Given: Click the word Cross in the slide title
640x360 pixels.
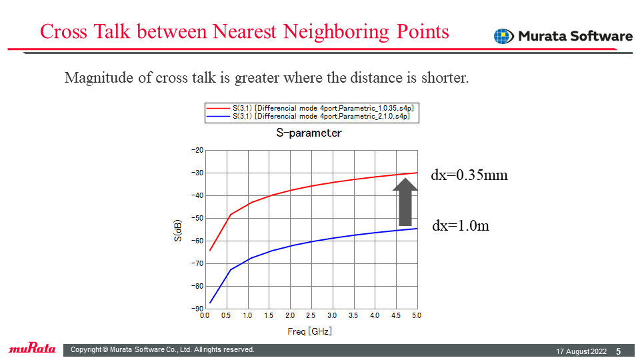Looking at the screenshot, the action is click(64, 31).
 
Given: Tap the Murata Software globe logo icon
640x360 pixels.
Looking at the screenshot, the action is click(504, 36).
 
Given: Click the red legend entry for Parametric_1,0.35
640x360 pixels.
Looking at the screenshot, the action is click(310, 109).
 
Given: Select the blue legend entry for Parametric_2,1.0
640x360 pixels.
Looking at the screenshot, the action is click(308, 116).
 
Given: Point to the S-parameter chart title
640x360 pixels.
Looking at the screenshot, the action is click(309, 133).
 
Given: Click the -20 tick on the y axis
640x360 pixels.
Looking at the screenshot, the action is click(197, 150).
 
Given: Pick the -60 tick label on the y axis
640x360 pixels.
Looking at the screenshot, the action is click(197, 241).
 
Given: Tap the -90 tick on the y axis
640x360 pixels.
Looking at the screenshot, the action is click(197, 309).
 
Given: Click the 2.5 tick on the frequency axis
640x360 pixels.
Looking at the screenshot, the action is click(311, 315).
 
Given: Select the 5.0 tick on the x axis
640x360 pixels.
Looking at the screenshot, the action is click(416, 315).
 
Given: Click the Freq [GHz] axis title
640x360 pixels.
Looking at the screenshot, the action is click(309, 331).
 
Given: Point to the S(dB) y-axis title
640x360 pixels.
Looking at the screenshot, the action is click(177, 231).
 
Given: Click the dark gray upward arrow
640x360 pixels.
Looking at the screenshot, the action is click(405, 201).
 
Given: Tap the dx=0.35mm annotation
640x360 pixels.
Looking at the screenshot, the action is click(469, 175).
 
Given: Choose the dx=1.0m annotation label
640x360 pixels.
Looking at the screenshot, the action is click(461, 226).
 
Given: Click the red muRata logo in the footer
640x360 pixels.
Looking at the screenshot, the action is click(32, 348).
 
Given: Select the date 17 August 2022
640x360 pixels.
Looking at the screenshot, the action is click(581, 351).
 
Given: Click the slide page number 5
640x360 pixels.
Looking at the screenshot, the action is click(619, 351).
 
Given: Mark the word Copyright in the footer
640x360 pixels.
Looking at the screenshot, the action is click(86, 350).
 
